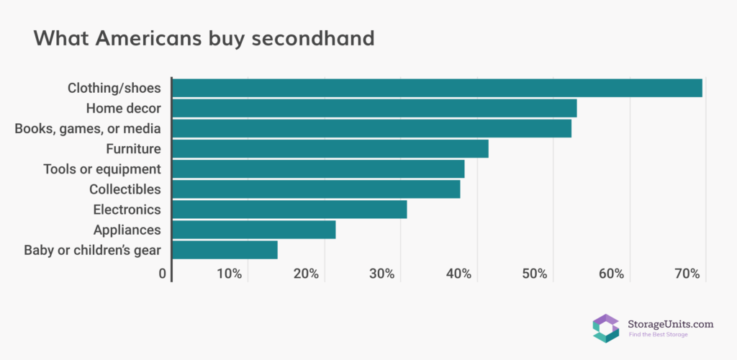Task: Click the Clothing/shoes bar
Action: click(437, 88)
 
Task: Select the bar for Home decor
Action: click(374, 108)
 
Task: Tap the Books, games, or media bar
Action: click(371, 128)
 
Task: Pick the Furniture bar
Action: click(330, 148)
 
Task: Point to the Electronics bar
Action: click(289, 210)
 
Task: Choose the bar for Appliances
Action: click(254, 230)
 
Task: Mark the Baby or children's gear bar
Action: click(225, 250)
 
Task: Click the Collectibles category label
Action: click(125, 189)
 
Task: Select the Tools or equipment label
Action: click(101, 169)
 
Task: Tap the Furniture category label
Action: click(133, 149)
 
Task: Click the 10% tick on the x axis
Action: click(229, 274)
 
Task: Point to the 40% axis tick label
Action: click(458, 274)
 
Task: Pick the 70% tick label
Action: click(687, 274)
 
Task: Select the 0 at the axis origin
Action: click(163, 274)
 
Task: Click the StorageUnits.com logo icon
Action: click(606, 328)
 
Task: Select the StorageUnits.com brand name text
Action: click(671, 324)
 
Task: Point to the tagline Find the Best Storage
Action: click(659, 335)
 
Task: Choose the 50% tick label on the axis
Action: click(535, 274)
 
